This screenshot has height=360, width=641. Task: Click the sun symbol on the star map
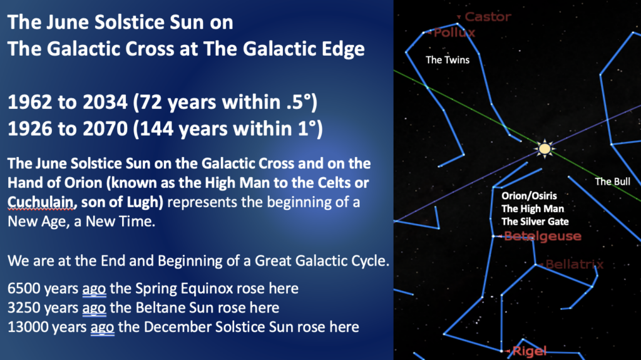coord(545,148)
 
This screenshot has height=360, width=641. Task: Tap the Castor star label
coord(488,17)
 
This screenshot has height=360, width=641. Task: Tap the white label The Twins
coord(448,59)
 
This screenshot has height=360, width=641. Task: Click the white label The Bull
coord(612,181)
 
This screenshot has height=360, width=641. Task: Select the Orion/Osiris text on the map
coord(529,195)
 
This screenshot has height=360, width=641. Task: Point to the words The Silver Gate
coord(535,221)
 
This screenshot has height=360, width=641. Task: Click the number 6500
coord(23,289)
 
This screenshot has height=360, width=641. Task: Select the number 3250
coord(23,307)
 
